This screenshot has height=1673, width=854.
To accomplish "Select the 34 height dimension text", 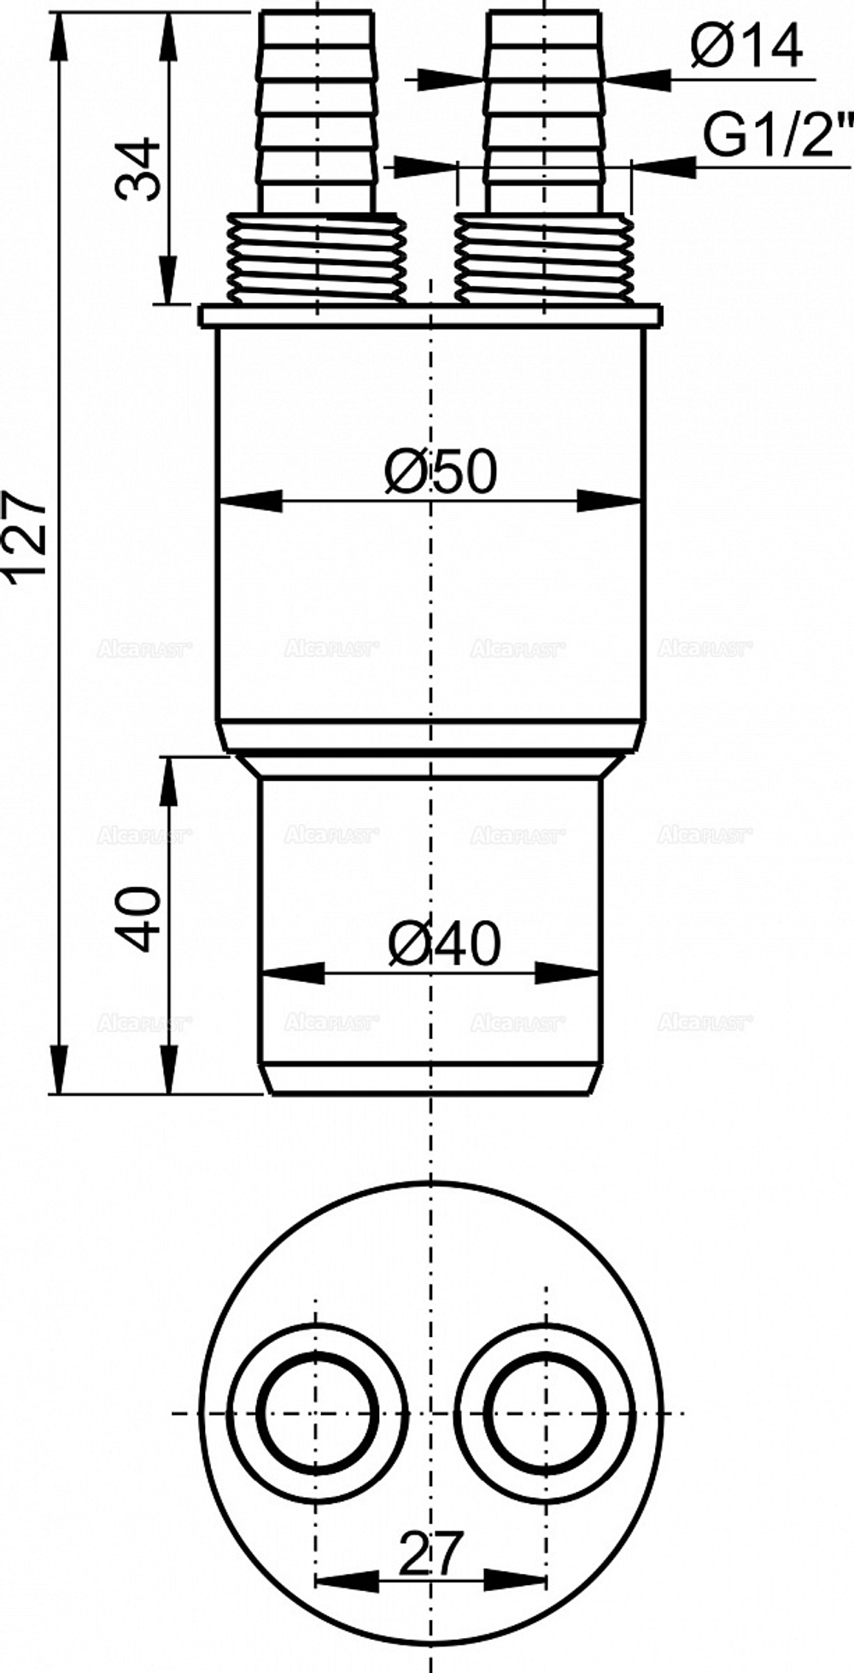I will pyautogui.click(x=138, y=169).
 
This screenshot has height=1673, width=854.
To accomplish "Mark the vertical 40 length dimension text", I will pyautogui.click(x=138, y=919).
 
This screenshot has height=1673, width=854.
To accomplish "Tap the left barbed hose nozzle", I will pyautogui.click(x=317, y=111).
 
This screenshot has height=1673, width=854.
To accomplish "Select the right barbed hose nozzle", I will pyautogui.click(x=545, y=111).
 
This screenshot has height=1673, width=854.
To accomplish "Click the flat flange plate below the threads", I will pyautogui.click(x=430, y=315).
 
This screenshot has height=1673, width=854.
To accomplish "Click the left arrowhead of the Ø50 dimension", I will pyautogui.click(x=248, y=501).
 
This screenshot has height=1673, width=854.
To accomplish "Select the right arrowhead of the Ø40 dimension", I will pyautogui.click(x=568, y=972).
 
